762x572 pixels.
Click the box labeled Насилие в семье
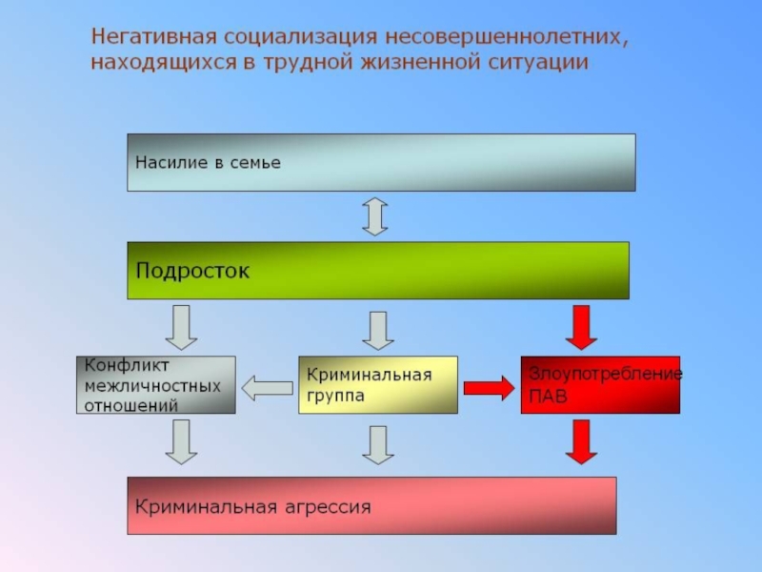click(x=381, y=162)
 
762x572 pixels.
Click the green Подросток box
click(x=378, y=270)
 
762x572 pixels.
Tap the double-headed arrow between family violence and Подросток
click(x=375, y=216)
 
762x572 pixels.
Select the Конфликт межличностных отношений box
click(x=155, y=384)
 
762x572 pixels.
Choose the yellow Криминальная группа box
click(x=378, y=384)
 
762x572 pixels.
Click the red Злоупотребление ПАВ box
click(x=600, y=384)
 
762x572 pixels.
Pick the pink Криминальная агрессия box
click(x=371, y=504)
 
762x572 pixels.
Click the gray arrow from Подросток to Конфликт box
click(x=181, y=327)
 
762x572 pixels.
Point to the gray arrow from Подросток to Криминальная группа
click(x=378, y=330)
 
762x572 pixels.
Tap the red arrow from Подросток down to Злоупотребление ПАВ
click(x=580, y=327)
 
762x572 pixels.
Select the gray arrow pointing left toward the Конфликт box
click(x=267, y=387)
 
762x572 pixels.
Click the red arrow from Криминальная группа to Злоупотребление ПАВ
click(x=489, y=387)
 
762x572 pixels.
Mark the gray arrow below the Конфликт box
click(x=181, y=442)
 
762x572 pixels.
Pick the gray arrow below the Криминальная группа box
click(x=378, y=445)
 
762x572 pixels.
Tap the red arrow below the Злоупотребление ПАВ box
click(x=580, y=442)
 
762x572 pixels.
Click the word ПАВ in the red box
click(x=549, y=397)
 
